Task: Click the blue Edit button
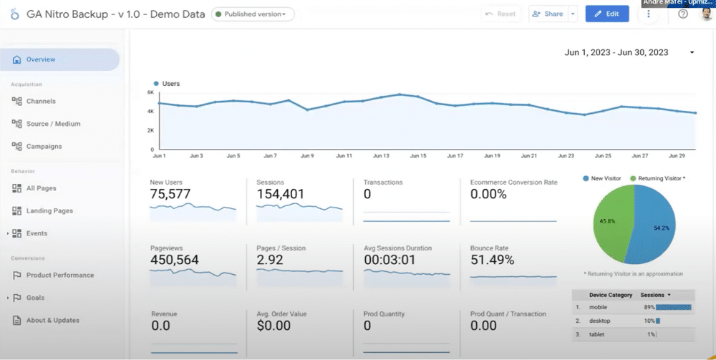pyautogui.click(x=607, y=14)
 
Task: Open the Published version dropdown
pyautogui.click(x=253, y=14)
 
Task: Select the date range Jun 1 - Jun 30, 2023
pyautogui.click(x=616, y=52)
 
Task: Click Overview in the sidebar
pyautogui.click(x=40, y=59)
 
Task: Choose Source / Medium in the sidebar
pyautogui.click(x=53, y=124)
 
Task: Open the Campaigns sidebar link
pyautogui.click(x=44, y=147)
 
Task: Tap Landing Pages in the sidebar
pyautogui.click(x=49, y=211)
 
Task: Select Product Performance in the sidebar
pyautogui.click(x=59, y=276)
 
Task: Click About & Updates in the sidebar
pyautogui.click(x=52, y=321)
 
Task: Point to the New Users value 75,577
pyautogui.click(x=170, y=194)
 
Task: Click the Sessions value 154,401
pyautogui.click(x=280, y=194)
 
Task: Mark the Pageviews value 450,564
pyautogui.click(x=174, y=260)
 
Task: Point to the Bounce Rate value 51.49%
pyautogui.click(x=492, y=260)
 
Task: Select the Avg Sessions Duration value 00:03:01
pyautogui.click(x=390, y=260)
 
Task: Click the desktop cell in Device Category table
pyautogui.click(x=601, y=321)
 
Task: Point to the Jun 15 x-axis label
pyautogui.click(x=418, y=155)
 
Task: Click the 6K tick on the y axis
pyautogui.click(x=150, y=92)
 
